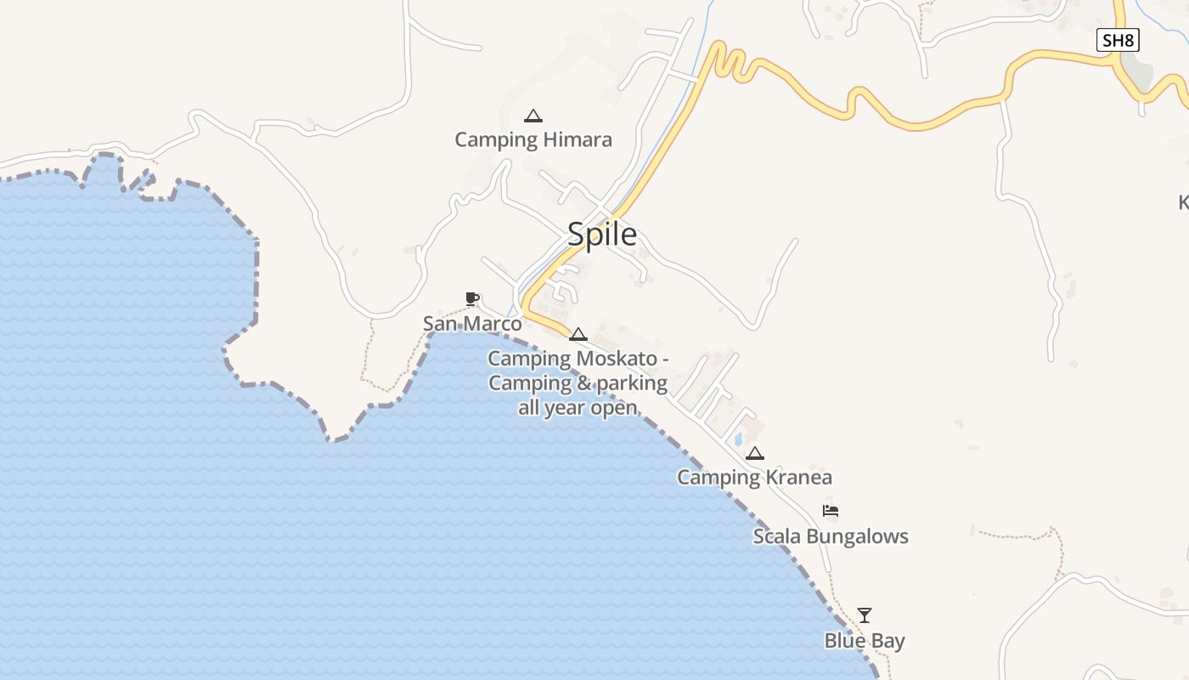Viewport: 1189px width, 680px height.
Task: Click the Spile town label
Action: coord(602,234)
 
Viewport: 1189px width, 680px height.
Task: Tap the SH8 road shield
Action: coord(1117,40)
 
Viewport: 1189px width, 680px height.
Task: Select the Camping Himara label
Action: coord(533,139)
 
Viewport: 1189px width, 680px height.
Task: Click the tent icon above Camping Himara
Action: coord(533,116)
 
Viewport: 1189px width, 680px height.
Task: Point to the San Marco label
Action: coord(472,324)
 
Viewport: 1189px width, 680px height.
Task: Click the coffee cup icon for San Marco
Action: coord(472,298)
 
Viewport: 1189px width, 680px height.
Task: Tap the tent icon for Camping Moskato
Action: coord(578,334)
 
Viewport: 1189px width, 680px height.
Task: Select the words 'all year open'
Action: coord(578,407)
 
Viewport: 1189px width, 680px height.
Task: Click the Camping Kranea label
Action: coord(754,478)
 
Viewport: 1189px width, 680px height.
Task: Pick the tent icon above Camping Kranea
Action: coord(755,454)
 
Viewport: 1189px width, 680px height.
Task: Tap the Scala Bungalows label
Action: coord(831,536)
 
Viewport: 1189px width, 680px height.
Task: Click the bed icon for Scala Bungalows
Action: coord(831,511)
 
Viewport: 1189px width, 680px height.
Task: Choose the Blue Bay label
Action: coord(865,641)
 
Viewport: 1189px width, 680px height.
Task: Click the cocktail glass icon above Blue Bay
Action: coord(865,615)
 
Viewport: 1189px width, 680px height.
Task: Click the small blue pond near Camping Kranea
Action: coord(738,439)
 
